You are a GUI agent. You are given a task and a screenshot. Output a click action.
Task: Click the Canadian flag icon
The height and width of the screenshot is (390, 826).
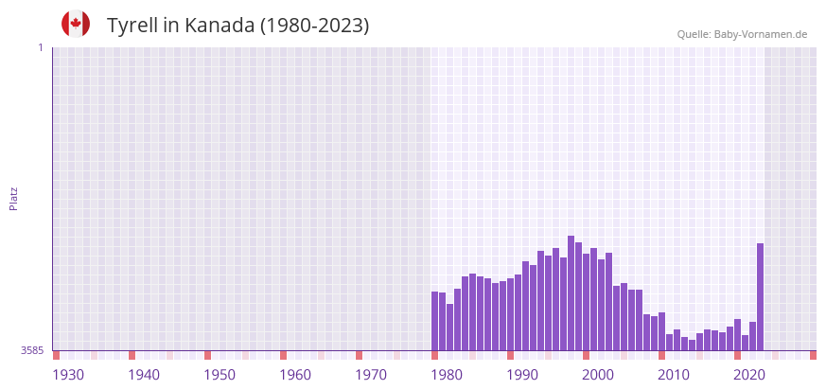tap(76, 24)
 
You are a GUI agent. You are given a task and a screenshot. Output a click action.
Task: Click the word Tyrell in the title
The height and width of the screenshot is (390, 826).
tap(132, 26)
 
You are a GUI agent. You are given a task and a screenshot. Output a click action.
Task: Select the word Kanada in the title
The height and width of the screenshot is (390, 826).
tap(219, 26)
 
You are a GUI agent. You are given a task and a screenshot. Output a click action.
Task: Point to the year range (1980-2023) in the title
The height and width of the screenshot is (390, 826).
tap(314, 26)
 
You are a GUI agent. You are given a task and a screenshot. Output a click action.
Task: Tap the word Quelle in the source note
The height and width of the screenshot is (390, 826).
tap(694, 35)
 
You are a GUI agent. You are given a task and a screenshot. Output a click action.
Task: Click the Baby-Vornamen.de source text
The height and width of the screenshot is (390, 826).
tap(761, 35)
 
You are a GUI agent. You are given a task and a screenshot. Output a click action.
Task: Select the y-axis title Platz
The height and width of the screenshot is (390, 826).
tap(13, 199)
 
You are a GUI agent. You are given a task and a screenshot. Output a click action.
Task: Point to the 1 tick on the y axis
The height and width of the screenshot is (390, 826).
tap(40, 47)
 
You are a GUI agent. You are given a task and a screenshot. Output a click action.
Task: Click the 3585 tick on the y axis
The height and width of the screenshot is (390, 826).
tap(32, 351)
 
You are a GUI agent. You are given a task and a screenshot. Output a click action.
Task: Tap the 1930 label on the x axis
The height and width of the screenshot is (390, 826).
tap(68, 375)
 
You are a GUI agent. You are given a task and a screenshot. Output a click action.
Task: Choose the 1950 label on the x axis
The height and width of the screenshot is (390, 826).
tap(220, 375)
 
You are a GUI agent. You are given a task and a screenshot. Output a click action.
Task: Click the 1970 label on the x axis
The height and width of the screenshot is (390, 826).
tap(371, 375)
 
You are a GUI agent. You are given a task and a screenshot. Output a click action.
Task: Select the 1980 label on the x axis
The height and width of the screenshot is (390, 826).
tap(447, 375)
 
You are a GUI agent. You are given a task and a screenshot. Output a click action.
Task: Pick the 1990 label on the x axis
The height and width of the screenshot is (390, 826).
tap(522, 375)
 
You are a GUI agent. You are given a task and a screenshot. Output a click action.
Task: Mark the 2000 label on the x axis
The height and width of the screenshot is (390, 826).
tap(598, 375)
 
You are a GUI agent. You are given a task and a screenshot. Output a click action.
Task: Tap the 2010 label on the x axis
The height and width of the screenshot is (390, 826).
tap(674, 375)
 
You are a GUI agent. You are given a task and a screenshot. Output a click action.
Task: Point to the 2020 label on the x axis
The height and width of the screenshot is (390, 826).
tap(749, 375)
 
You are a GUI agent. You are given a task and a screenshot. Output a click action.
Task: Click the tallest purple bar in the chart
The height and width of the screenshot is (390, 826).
tap(571, 293)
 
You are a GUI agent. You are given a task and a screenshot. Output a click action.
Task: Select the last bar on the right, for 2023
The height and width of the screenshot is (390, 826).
tap(760, 297)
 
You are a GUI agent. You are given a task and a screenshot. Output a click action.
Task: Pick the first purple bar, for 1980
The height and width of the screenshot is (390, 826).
tap(435, 322)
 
